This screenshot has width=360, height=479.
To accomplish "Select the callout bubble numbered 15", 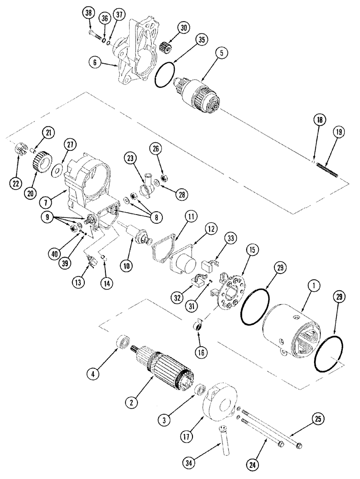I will click(252, 250).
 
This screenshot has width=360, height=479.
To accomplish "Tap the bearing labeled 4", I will click(124, 344).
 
